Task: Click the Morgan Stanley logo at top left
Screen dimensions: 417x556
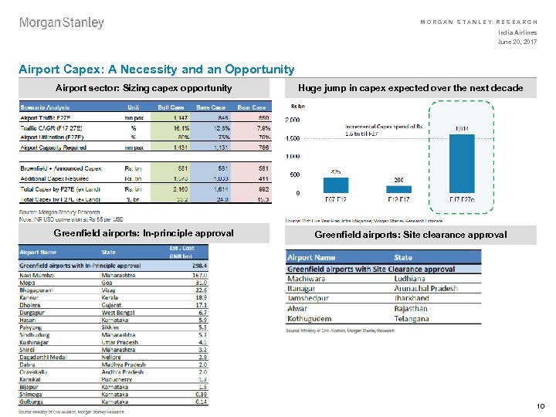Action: point(62,23)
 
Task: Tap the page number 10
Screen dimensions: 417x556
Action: point(541,406)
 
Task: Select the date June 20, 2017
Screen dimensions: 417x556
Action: point(518,42)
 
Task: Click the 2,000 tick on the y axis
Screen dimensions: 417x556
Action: point(293,120)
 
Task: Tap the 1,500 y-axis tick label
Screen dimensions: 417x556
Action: point(293,139)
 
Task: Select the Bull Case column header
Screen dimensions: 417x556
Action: point(171,107)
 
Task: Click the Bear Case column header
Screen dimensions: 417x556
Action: point(251,107)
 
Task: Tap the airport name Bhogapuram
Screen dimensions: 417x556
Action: point(36,290)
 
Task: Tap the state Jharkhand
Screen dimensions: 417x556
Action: point(412,298)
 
